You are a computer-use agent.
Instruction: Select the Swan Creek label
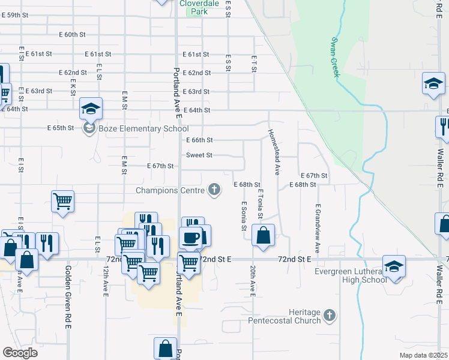coord(335,58)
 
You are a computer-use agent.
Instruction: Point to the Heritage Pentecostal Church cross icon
coord(329,315)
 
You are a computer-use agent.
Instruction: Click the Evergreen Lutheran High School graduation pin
coord(394,266)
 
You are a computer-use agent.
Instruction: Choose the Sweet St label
coord(199,155)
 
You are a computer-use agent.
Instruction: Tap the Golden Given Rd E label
coord(68,297)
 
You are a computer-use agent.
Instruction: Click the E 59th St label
coord(15,14)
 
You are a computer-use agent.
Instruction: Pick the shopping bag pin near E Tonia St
coord(263,235)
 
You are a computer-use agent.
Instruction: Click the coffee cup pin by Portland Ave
coord(190,238)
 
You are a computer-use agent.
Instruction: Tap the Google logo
coord(20,353)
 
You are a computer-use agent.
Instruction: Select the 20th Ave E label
coord(253,281)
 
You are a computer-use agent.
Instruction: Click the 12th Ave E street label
coord(105,281)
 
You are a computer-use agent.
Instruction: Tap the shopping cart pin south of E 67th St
coord(63,202)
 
